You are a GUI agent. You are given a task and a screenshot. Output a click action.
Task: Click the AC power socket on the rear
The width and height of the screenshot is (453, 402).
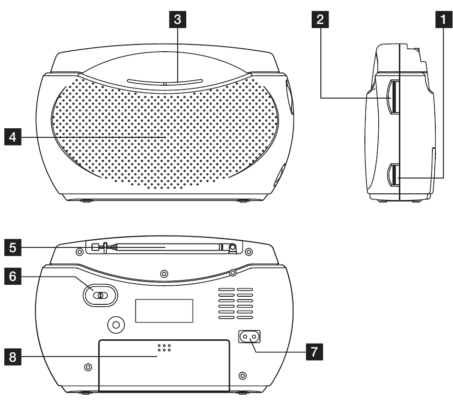point(250,337)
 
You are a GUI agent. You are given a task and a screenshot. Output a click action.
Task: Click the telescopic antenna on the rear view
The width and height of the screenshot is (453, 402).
point(163,248)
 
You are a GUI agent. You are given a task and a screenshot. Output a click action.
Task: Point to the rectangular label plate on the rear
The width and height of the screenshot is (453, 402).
point(164,311)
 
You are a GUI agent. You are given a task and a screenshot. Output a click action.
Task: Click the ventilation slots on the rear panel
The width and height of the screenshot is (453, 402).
point(235,304)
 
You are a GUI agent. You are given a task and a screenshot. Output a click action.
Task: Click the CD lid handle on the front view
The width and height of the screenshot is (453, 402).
point(164,83)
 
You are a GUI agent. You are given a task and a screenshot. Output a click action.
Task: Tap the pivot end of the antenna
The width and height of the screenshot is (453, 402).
point(232,248)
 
